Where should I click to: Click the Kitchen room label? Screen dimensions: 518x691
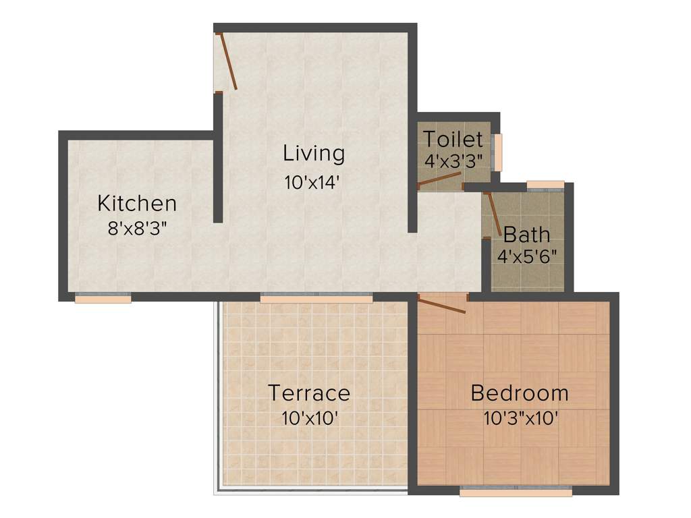pyautogui.click(x=137, y=202)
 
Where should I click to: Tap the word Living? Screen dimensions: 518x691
pyautogui.click(x=314, y=153)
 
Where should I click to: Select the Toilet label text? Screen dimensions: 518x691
pyautogui.click(x=453, y=140)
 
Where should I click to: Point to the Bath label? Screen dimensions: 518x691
pyautogui.click(x=526, y=235)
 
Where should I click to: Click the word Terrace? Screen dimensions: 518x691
pyautogui.click(x=309, y=393)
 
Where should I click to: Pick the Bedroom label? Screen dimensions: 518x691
pyautogui.click(x=520, y=393)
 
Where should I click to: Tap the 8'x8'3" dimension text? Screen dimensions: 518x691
pyautogui.click(x=137, y=228)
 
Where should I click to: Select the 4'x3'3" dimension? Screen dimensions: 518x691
pyautogui.click(x=453, y=162)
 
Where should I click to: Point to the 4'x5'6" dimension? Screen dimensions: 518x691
pyautogui.click(x=524, y=256)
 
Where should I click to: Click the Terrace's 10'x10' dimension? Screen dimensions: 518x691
pyautogui.click(x=309, y=418)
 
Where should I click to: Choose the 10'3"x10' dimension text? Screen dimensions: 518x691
pyautogui.click(x=520, y=418)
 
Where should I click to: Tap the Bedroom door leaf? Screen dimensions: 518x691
pyautogui.click(x=442, y=304)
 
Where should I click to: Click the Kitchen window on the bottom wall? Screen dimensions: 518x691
pyautogui.click(x=103, y=299)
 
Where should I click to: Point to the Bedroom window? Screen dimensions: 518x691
pyautogui.click(x=516, y=492)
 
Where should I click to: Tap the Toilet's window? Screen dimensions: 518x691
pyautogui.click(x=499, y=152)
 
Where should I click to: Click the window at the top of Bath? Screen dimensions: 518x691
pyautogui.click(x=545, y=184)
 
